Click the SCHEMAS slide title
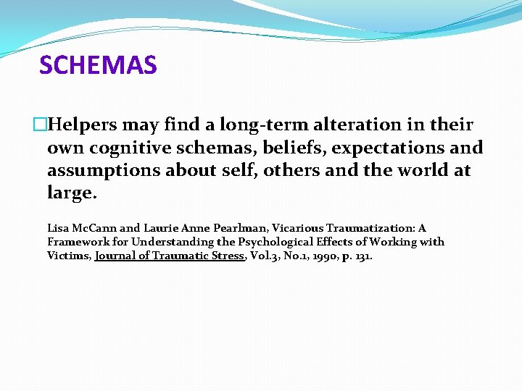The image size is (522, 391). [98, 65]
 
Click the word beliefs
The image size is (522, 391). [273, 148]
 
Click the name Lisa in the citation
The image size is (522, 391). [59, 228]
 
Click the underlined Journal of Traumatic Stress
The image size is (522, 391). [171, 256]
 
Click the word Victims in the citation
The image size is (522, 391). [68, 256]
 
